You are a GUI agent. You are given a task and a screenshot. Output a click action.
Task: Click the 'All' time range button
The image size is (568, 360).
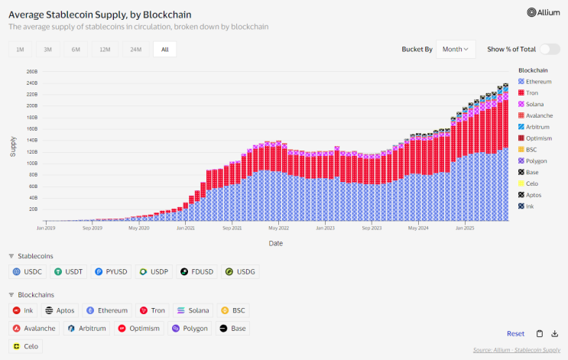164,49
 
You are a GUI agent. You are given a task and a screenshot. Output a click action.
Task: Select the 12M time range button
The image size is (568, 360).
104,49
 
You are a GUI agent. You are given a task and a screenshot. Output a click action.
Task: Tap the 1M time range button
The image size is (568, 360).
19,49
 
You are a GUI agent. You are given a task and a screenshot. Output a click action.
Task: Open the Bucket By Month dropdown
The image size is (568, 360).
456,49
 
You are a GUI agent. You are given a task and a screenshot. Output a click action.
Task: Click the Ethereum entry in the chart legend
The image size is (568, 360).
537,81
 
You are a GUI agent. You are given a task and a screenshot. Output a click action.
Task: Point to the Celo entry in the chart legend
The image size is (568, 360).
531,183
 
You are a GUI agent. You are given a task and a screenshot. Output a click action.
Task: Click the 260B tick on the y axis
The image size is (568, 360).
32,72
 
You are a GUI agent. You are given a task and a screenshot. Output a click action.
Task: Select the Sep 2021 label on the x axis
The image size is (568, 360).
232,228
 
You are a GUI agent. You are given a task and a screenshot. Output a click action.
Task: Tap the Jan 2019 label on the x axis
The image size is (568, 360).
46,228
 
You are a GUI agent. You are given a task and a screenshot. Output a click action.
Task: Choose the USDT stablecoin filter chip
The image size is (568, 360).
71,271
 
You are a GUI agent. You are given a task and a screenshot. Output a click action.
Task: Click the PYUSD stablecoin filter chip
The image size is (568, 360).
112,271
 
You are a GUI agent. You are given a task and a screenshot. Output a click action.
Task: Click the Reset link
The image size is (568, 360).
515,333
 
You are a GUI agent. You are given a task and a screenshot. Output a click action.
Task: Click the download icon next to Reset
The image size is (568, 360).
555,333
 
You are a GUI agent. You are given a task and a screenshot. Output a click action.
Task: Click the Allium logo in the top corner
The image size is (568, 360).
544,12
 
